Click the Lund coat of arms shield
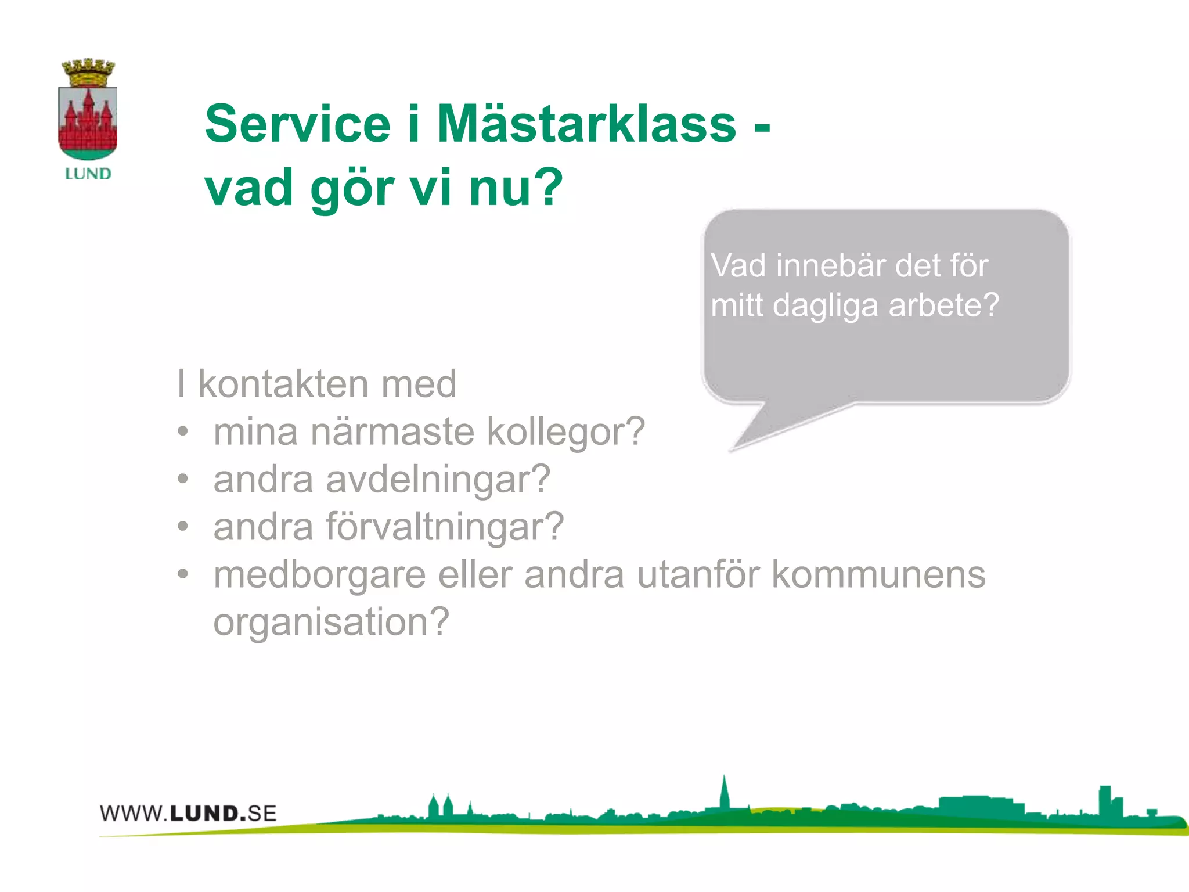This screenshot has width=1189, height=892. point(88,123)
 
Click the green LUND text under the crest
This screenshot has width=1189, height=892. point(88,174)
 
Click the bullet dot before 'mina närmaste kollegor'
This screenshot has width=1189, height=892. point(183,431)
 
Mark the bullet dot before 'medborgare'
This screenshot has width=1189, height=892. point(183,574)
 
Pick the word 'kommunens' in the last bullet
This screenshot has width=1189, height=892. point(878,575)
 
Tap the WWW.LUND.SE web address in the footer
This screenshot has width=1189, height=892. point(188,813)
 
